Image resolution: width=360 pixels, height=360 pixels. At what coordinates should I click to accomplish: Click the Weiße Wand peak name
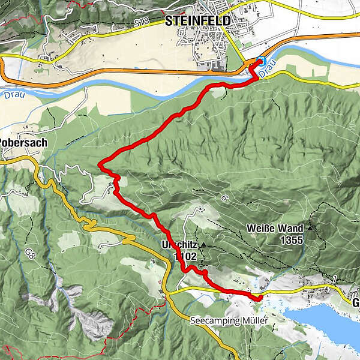click(x=275, y=229)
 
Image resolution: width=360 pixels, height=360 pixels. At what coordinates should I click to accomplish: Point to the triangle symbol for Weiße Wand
click(x=310, y=229)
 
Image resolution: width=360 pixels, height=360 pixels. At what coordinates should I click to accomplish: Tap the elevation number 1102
click(x=185, y=255)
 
